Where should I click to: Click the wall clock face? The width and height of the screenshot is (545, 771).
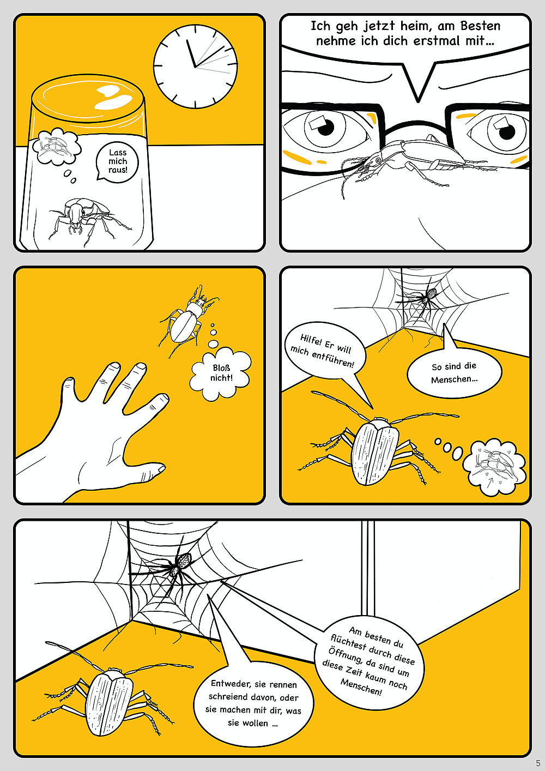[x=196, y=67]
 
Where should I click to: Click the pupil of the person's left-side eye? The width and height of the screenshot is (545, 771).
[x=325, y=128]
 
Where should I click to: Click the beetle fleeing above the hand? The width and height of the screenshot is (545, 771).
[x=187, y=320]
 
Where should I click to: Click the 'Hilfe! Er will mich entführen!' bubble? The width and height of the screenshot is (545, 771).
[x=323, y=351]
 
